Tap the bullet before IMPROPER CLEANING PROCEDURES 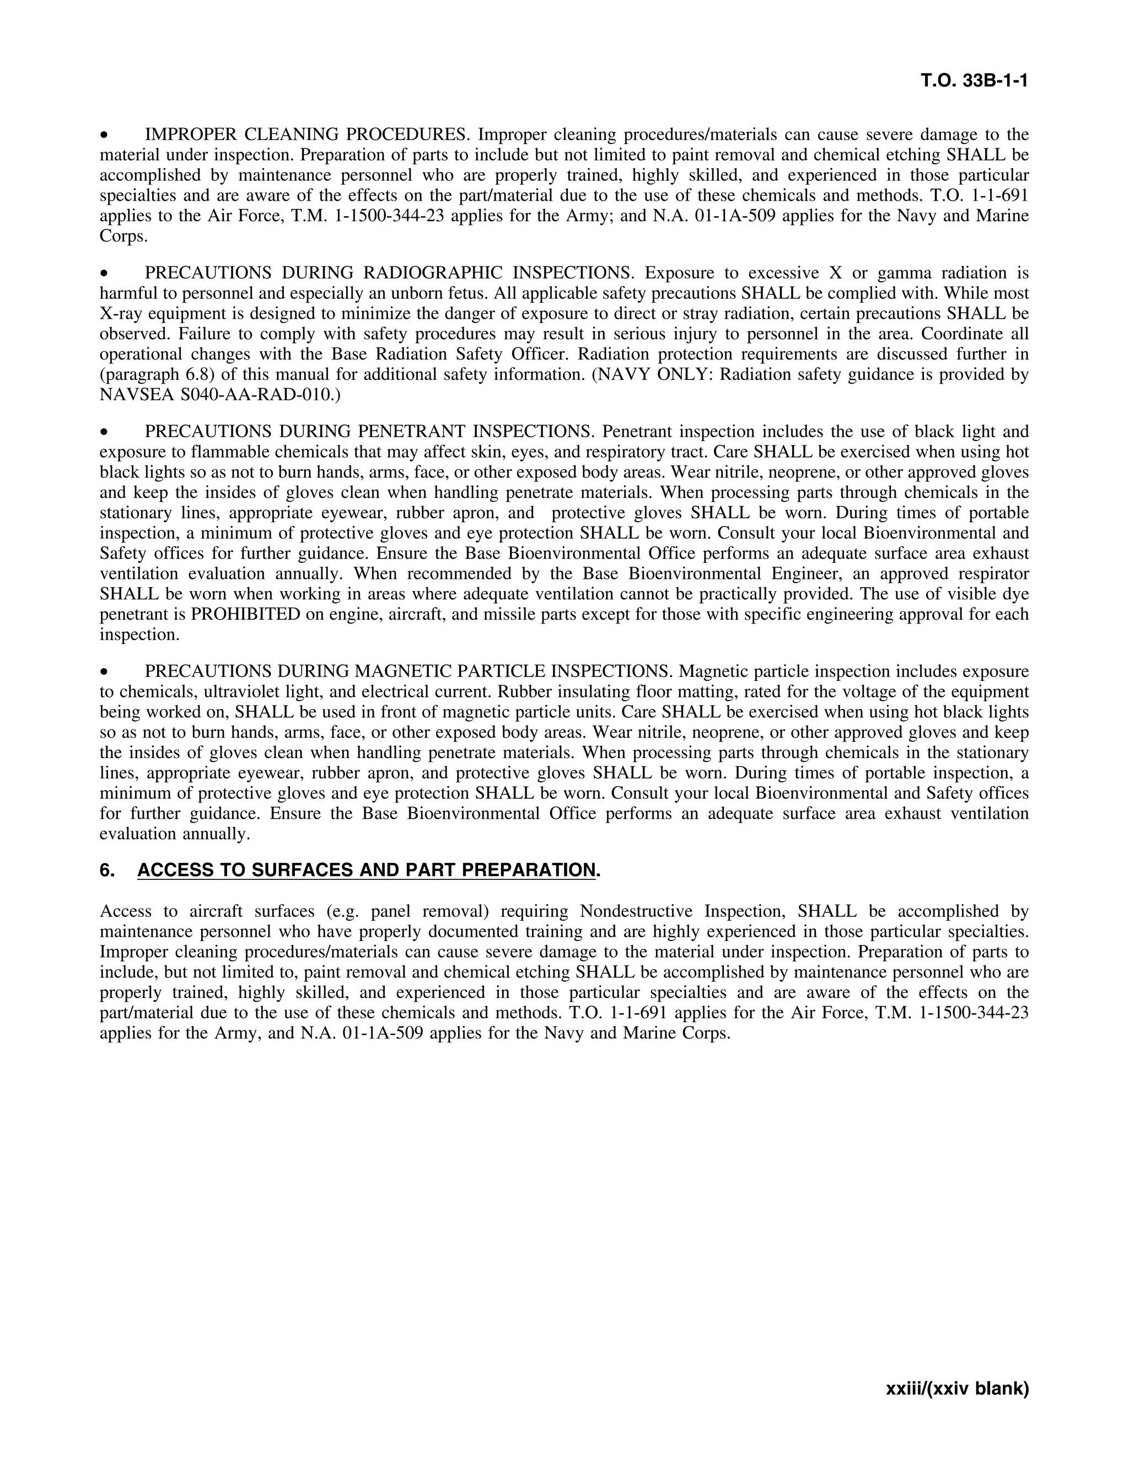tap(104, 136)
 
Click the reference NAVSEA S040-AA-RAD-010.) tap(220, 395)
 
